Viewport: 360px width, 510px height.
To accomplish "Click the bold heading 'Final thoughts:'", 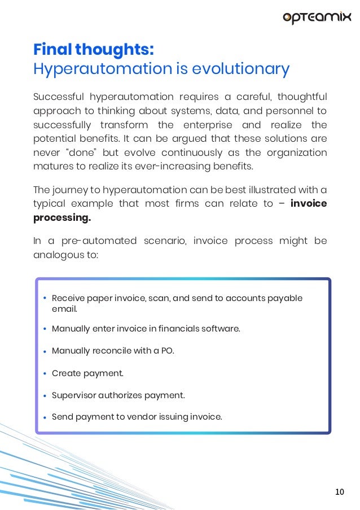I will [93, 50].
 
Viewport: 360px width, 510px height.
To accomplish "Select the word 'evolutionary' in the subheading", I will [241, 69].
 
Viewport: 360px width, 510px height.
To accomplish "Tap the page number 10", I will [339, 492].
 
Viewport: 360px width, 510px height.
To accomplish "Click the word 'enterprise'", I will [205, 125].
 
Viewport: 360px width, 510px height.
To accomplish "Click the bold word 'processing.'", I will [62, 217].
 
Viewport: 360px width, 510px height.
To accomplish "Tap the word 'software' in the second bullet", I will [219, 329].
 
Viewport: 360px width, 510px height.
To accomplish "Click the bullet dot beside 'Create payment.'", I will [45, 373].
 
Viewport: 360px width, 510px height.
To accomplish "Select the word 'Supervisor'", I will [75, 395].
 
